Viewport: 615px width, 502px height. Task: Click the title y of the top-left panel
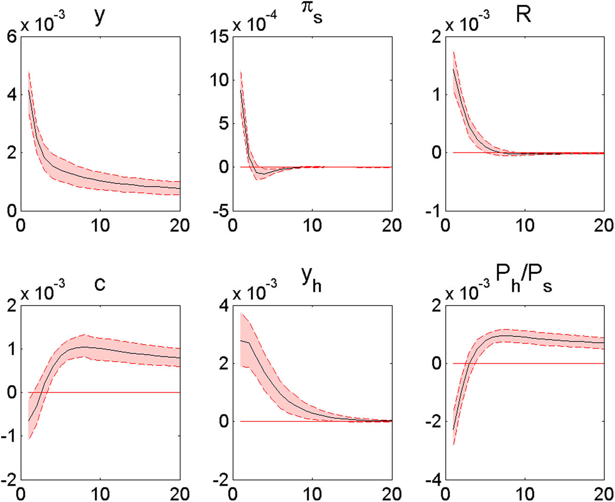(x=99, y=16)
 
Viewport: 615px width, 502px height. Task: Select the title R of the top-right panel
(x=524, y=15)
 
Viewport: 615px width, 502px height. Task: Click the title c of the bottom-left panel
(x=99, y=284)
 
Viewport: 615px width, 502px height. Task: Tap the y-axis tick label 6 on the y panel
(x=12, y=36)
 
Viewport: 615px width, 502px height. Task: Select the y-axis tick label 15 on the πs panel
(x=219, y=36)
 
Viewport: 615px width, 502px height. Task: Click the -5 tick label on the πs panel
(x=220, y=211)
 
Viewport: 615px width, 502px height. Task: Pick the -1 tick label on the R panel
(x=433, y=211)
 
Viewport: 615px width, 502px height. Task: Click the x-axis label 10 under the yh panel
(x=312, y=494)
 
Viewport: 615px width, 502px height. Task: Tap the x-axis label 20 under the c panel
(x=180, y=494)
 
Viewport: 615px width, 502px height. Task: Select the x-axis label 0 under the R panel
(x=445, y=225)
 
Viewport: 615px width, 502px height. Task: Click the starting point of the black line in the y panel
(x=29, y=90)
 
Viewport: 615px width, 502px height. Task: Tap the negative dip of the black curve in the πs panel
(x=262, y=174)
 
